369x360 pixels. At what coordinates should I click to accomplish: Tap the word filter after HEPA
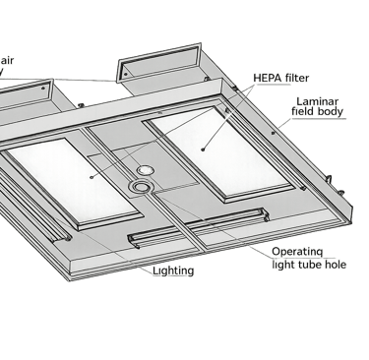(297, 78)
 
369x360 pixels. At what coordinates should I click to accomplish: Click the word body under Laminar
(330, 111)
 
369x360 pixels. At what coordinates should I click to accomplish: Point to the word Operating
(297, 252)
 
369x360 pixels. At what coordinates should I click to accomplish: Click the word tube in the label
(311, 265)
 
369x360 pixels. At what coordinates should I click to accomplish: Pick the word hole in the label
(336, 265)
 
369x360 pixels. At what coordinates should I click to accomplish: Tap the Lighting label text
(173, 270)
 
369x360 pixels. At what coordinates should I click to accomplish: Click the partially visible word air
(7, 61)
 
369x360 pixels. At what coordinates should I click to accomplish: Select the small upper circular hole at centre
(145, 170)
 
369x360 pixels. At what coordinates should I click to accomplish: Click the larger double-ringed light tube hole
(141, 187)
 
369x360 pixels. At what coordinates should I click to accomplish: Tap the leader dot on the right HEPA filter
(203, 150)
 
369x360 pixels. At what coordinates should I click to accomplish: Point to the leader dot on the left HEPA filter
(92, 177)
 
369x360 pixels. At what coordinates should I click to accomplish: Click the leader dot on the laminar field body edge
(273, 133)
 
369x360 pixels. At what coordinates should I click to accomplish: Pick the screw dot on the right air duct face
(126, 75)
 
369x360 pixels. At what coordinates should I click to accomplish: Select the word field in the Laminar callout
(302, 110)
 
